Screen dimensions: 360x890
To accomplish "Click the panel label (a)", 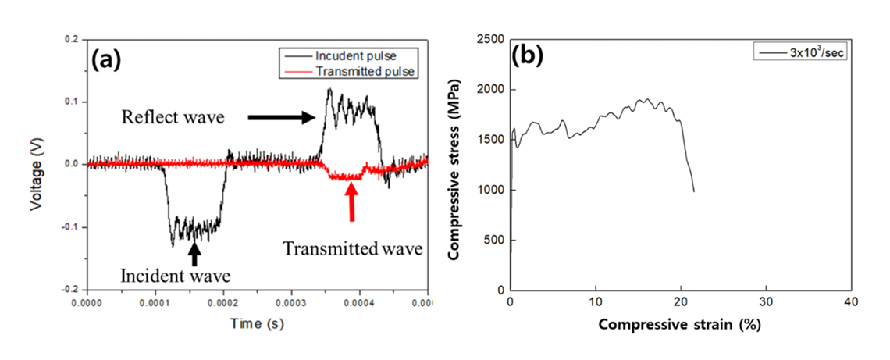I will click(x=110, y=59).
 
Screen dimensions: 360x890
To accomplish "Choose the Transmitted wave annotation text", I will click(x=353, y=249).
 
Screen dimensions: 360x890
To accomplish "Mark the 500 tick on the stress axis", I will click(x=494, y=240).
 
